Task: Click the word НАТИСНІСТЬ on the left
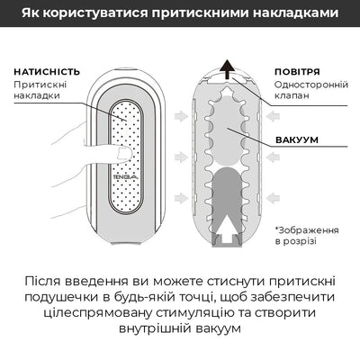pos(47,71)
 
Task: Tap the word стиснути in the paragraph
pos(232,276)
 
